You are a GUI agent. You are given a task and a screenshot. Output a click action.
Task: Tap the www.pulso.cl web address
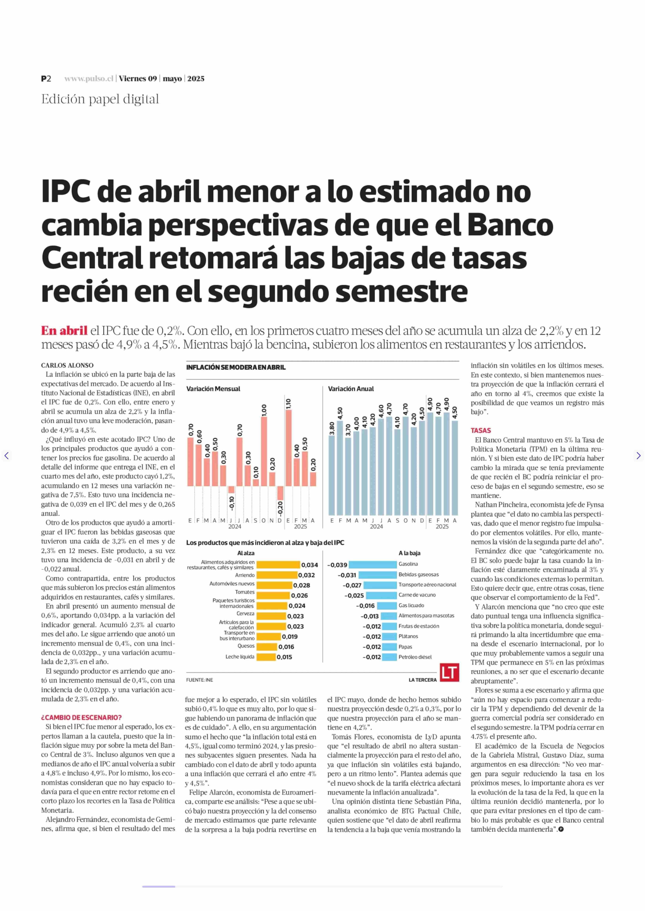point(89,79)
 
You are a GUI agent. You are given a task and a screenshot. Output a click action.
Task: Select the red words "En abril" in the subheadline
point(64,331)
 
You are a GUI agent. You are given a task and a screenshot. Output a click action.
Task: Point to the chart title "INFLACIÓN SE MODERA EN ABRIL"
point(236,367)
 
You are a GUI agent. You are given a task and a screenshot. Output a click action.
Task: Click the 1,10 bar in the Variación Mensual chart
point(288,448)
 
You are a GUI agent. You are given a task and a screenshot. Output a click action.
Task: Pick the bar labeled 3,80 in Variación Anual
point(332,475)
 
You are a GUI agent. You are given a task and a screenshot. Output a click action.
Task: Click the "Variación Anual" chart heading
point(351,389)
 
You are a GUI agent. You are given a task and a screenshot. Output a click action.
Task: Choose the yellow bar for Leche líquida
point(266,657)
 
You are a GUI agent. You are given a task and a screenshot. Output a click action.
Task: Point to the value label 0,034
point(309,565)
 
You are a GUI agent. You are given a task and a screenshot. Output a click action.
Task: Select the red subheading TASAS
point(481,431)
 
